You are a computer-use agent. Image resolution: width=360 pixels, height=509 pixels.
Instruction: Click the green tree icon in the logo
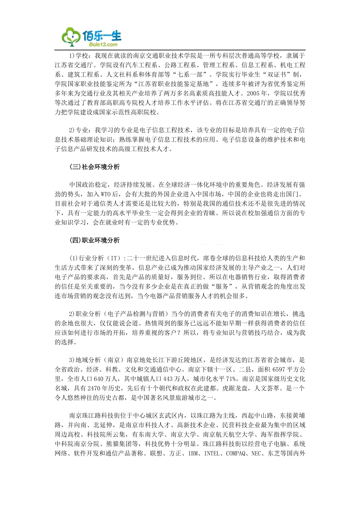point(71,37)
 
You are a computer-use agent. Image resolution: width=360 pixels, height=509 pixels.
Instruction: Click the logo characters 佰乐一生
point(102,36)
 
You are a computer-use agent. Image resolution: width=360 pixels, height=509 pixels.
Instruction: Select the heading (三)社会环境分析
point(94,167)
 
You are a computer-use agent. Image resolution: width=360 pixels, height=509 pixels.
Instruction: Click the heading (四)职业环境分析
point(94,240)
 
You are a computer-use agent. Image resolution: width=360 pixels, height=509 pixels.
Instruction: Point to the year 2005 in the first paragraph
point(253,93)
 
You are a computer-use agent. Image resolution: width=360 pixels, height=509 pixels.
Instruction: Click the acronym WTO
point(106,194)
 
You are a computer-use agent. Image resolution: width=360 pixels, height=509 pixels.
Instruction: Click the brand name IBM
point(194,453)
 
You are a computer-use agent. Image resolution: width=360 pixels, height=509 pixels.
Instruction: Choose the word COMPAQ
point(236,453)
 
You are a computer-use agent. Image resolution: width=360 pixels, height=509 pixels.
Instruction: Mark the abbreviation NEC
point(256,453)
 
